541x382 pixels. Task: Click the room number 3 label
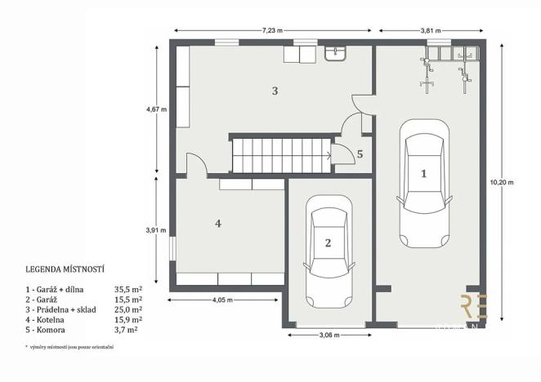tap(275, 91)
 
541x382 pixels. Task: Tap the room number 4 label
tap(218, 223)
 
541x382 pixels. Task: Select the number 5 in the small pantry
tap(360, 153)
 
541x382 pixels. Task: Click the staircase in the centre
tap(279, 155)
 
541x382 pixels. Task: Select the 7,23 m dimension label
tap(273, 30)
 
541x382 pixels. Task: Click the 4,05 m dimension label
tap(219, 300)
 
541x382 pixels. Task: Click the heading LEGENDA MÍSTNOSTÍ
tap(69, 268)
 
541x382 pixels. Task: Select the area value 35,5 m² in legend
tap(129, 288)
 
